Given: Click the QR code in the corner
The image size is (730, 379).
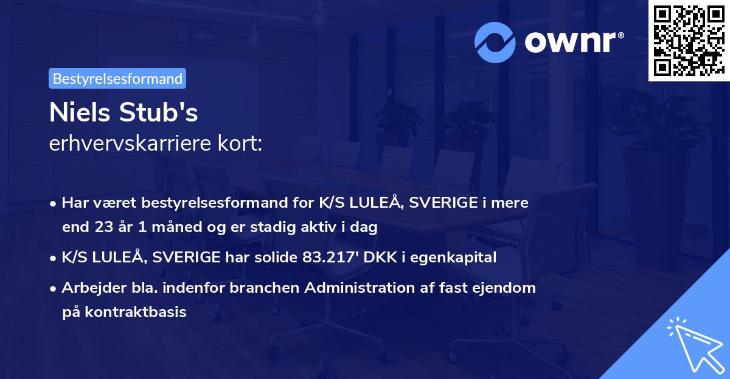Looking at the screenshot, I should [689, 41].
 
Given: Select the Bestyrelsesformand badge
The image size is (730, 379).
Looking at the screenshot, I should [117, 78].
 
